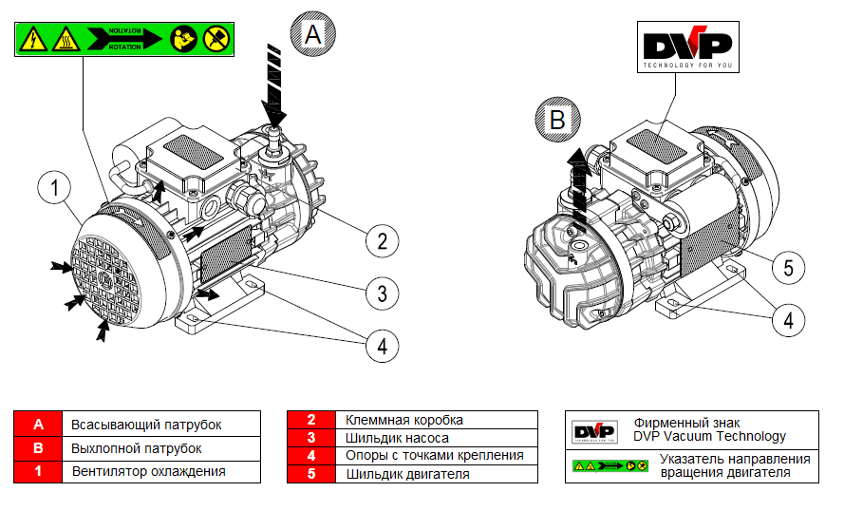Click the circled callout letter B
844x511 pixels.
[556, 120]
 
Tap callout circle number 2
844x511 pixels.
[382, 240]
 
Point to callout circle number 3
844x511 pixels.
[382, 293]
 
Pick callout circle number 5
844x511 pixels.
[788, 269]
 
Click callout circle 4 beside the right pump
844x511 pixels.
[788, 321]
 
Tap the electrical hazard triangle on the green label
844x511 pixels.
[33, 39]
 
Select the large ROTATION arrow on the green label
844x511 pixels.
[123, 39]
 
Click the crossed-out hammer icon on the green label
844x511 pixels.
[214, 39]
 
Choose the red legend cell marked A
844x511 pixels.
[38, 424]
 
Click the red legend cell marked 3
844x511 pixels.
[310, 438]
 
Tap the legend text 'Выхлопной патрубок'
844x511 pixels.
[137, 447]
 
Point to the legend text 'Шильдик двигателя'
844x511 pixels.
[407, 473]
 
